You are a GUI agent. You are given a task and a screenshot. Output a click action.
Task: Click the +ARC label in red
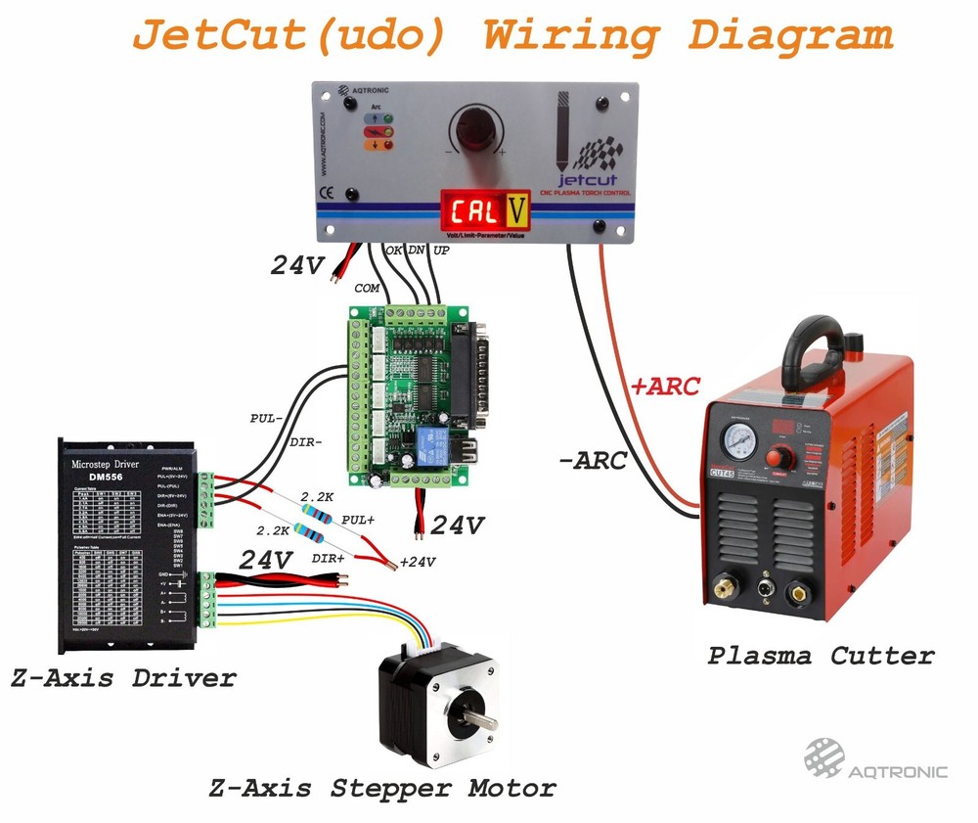tap(665, 387)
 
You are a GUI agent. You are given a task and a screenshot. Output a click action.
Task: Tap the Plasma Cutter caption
tap(822, 656)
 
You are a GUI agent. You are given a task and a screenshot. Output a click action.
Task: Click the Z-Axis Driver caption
tap(123, 677)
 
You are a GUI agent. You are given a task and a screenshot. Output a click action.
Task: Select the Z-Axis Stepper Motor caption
tap(382, 788)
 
